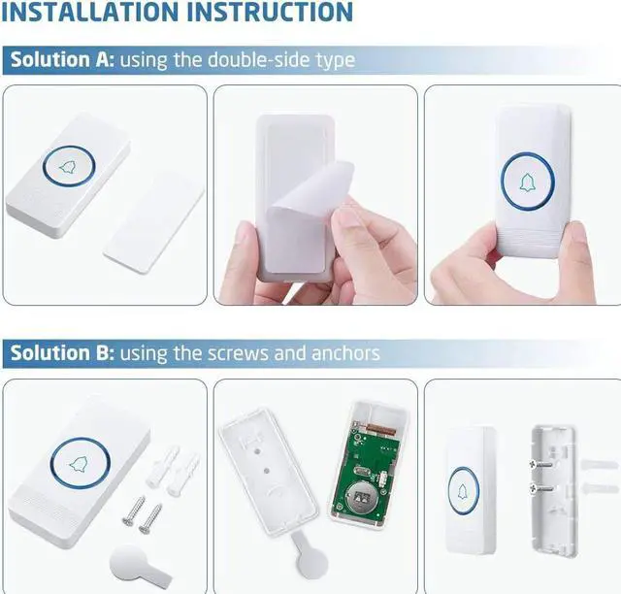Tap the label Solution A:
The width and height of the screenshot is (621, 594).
(62, 59)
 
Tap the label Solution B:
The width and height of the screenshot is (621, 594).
(62, 352)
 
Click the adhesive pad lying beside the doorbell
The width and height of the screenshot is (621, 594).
(153, 221)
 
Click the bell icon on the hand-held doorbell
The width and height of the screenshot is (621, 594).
(527, 183)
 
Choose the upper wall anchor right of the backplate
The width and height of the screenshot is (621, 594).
(600, 464)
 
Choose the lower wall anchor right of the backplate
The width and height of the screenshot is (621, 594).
(600, 488)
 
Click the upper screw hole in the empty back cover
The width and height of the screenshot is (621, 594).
(256, 451)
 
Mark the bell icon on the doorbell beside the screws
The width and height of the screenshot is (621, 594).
(79, 464)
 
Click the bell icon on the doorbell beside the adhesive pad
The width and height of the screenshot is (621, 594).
(68, 167)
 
